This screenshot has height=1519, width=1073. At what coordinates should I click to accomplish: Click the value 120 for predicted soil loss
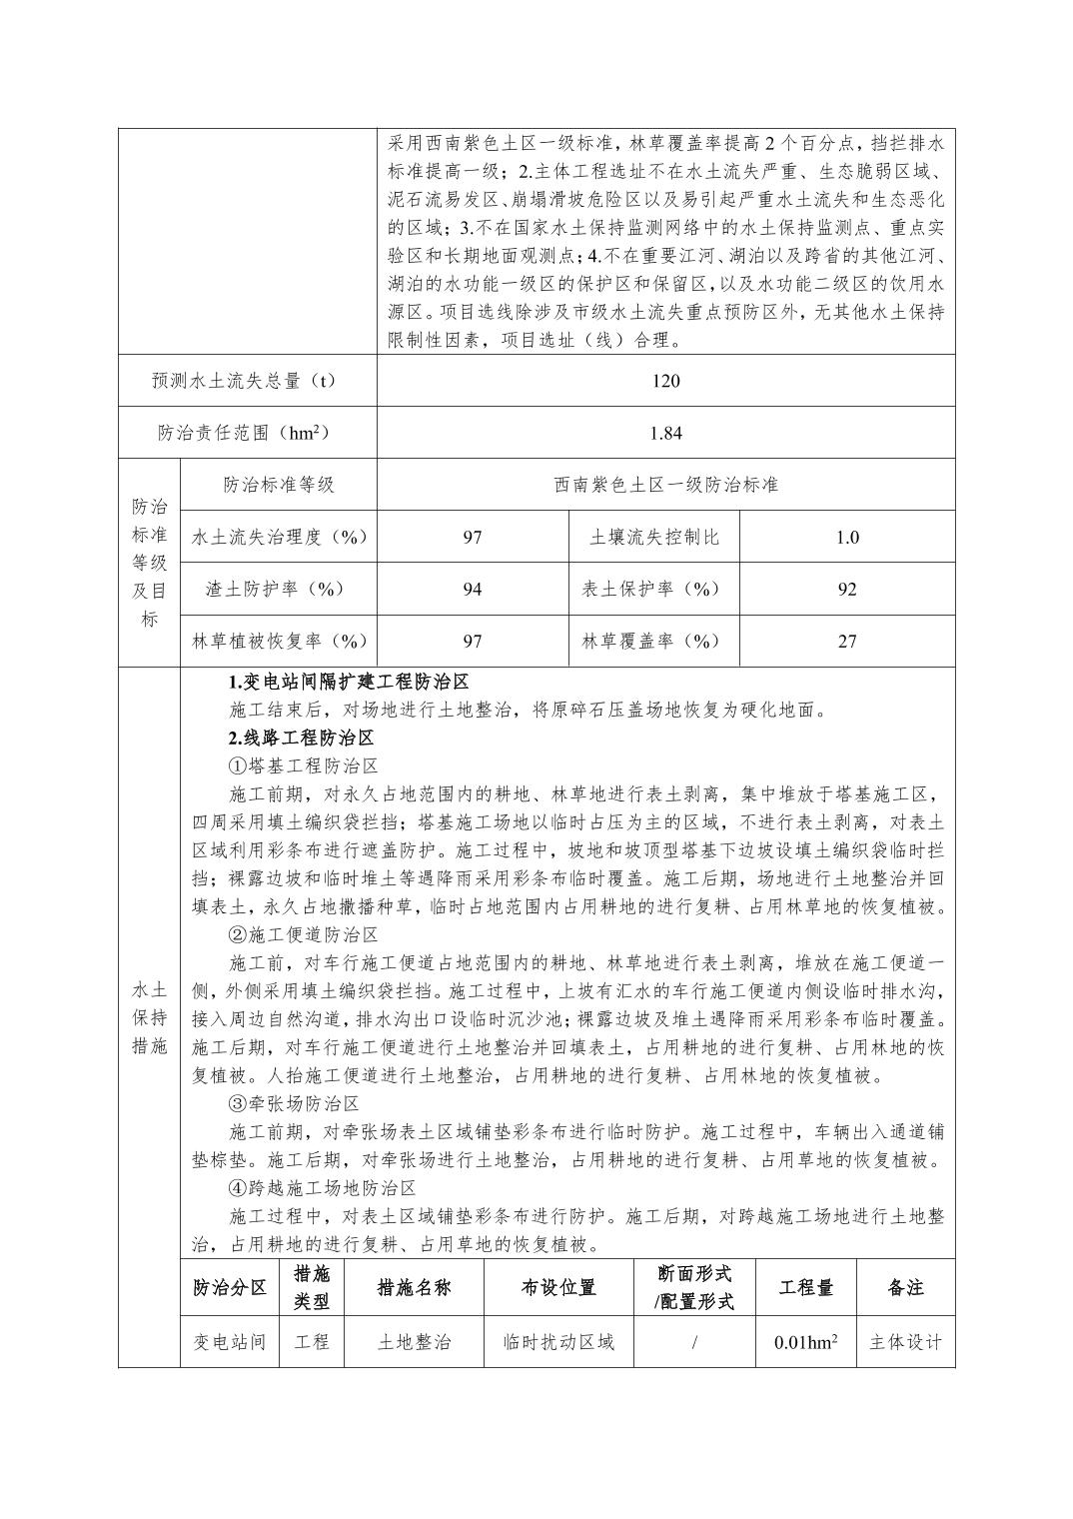click(665, 381)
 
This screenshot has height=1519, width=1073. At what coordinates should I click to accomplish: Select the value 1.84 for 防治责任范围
click(665, 433)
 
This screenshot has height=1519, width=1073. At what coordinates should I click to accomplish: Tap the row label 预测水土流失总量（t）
click(247, 381)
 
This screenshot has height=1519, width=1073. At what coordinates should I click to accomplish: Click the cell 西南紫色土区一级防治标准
click(665, 485)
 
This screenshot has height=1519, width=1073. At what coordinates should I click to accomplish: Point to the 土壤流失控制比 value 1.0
click(846, 537)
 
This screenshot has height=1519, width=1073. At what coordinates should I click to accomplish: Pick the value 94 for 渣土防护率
click(472, 589)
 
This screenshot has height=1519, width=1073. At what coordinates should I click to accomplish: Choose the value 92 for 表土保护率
click(846, 589)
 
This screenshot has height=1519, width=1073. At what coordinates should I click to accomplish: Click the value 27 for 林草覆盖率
click(846, 641)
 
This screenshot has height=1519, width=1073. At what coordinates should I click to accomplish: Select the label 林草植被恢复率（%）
click(280, 641)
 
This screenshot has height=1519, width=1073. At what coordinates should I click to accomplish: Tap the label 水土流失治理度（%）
click(280, 537)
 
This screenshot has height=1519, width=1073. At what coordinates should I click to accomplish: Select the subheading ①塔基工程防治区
click(303, 766)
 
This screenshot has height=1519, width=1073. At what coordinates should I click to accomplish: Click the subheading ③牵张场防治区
click(293, 1104)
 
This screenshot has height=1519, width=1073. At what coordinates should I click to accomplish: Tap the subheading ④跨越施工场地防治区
click(322, 1188)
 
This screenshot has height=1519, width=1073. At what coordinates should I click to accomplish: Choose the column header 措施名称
click(414, 1287)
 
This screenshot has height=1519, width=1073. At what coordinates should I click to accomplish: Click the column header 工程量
click(805, 1287)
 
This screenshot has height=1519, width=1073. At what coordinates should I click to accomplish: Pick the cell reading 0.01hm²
click(805, 1341)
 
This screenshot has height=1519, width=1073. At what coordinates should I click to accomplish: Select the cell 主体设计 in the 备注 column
click(905, 1341)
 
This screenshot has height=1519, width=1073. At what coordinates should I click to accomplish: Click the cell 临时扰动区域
click(558, 1341)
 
